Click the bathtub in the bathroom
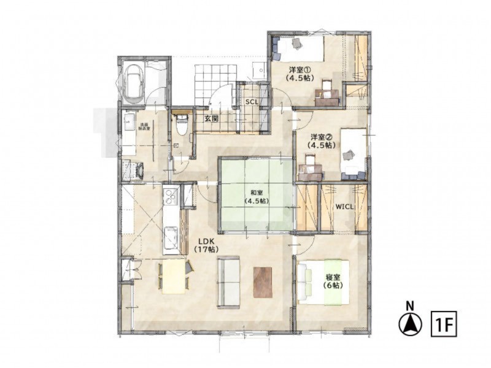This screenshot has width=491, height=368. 134,83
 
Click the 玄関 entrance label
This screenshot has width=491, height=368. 212,119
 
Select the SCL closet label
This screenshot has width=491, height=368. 252,102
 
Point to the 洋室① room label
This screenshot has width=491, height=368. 301,74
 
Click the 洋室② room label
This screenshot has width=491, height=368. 322,140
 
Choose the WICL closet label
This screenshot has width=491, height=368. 344,207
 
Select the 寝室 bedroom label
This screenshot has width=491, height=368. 334,282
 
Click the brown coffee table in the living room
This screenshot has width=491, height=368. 263,282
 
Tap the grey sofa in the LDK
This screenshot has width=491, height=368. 228,280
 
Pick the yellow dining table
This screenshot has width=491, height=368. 174,276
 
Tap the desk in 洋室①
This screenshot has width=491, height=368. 327,95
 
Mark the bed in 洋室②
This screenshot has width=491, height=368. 353,153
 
